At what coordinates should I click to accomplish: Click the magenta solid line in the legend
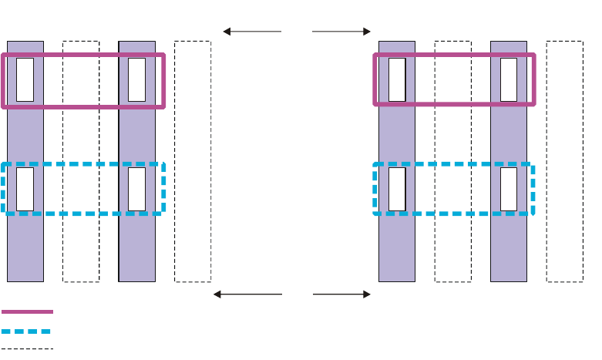click(27, 311)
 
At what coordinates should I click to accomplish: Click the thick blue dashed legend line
click(27, 331)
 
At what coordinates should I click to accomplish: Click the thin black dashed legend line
click(27, 349)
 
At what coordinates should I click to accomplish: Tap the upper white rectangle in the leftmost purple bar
click(25, 79)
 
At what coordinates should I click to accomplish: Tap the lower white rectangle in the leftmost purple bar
click(25, 189)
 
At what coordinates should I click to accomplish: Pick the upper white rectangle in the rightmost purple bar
click(509, 79)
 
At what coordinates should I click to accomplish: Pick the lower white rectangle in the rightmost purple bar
click(509, 189)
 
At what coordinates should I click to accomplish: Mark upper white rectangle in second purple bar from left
click(136, 79)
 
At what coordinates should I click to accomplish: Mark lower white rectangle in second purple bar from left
click(136, 189)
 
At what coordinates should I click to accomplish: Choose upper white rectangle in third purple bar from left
click(397, 79)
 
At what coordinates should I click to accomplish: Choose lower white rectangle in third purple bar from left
click(397, 189)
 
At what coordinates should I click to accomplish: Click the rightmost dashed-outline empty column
click(564, 247)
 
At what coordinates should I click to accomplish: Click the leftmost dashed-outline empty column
click(81, 247)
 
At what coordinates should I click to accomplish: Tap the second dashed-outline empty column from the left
click(193, 247)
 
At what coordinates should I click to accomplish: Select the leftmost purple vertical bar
click(25, 247)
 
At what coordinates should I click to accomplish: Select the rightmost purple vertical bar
click(509, 247)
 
